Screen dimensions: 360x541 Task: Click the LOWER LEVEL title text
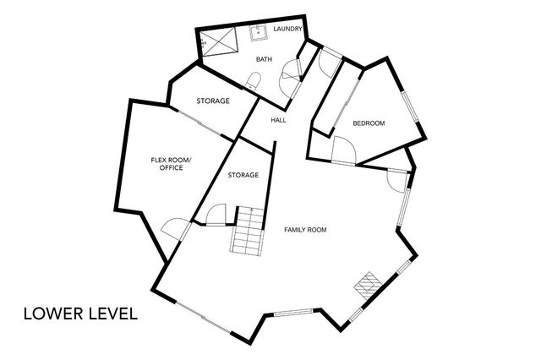point(80,314)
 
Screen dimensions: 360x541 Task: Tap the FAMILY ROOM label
point(305,230)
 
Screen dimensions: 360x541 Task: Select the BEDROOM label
point(369,124)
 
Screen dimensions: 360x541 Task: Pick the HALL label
point(278,120)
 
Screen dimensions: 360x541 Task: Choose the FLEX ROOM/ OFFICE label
point(172,164)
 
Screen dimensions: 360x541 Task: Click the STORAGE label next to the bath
point(213,101)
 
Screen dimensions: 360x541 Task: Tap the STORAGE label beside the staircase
point(243,175)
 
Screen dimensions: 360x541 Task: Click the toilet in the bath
point(254,80)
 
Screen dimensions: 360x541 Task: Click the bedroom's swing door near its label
point(344,150)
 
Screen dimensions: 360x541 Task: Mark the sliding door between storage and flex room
point(202,125)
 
